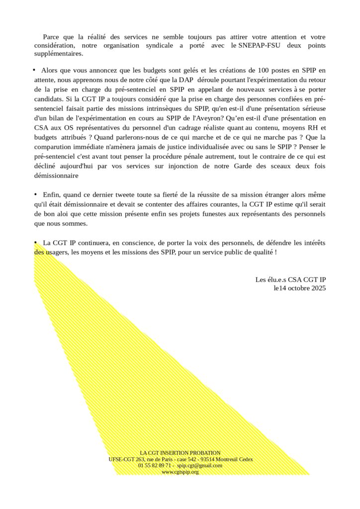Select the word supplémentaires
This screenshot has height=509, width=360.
click(x=59, y=54)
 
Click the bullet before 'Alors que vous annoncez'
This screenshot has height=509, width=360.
click(x=35, y=70)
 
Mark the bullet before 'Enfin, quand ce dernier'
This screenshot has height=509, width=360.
click(x=35, y=194)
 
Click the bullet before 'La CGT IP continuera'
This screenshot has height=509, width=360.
click(x=35, y=242)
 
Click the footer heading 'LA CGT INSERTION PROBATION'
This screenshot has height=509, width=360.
click(x=180, y=453)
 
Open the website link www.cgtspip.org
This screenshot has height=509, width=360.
click(x=180, y=472)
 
